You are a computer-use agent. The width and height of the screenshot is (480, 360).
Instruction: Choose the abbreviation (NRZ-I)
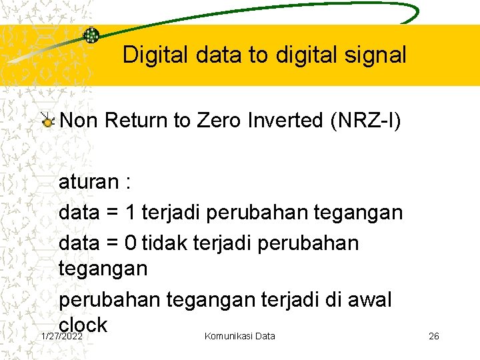click(x=370, y=121)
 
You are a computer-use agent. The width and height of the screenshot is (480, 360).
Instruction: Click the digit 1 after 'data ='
click(x=131, y=213)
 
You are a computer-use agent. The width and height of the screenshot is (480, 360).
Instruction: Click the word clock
click(x=83, y=325)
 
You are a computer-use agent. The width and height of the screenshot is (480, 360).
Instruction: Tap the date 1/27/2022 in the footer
click(x=61, y=336)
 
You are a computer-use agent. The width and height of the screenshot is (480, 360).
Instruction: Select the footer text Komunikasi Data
click(x=239, y=336)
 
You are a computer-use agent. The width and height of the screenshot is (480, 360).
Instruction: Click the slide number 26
click(x=433, y=336)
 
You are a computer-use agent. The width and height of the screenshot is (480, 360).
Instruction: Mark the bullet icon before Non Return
click(x=47, y=121)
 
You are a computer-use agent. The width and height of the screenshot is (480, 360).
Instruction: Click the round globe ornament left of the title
click(x=91, y=35)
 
